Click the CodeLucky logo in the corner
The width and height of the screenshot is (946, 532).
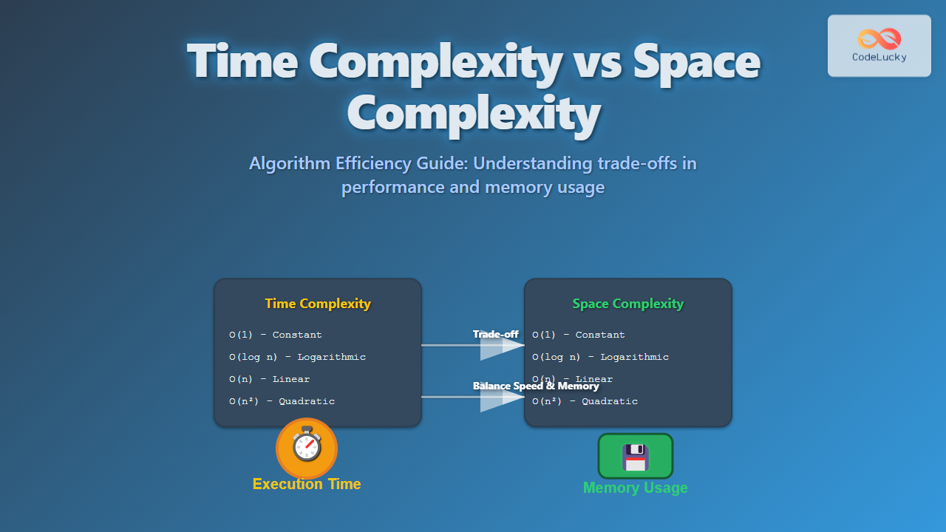tap(879, 45)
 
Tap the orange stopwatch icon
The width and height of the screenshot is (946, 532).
tap(307, 448)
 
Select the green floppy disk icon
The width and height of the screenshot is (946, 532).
tap(636, 457)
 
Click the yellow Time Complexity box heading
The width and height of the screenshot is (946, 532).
tap(318, 304)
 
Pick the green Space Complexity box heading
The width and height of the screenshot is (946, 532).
tap(628, 304)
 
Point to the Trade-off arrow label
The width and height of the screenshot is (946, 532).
tap(495, 335)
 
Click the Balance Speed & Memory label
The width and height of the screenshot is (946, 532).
tap(536, 386)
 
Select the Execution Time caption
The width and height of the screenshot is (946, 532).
tap(307, 484)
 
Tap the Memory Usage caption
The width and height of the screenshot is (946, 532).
tap(636, 488)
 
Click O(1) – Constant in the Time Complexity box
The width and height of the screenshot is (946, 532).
tap(276, 335)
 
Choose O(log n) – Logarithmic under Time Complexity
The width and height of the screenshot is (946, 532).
tap(298, 357)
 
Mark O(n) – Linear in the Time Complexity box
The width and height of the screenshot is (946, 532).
tap(270, 379)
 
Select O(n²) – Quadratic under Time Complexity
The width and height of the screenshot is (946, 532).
tap(282, 401)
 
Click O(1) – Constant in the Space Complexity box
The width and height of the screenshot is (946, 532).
tap(579, 335)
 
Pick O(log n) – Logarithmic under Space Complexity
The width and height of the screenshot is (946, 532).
tap(601, 357)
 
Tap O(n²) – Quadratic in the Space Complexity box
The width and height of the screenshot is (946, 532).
tap(585, 401)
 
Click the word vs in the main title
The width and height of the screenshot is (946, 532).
tap(595, 63)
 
